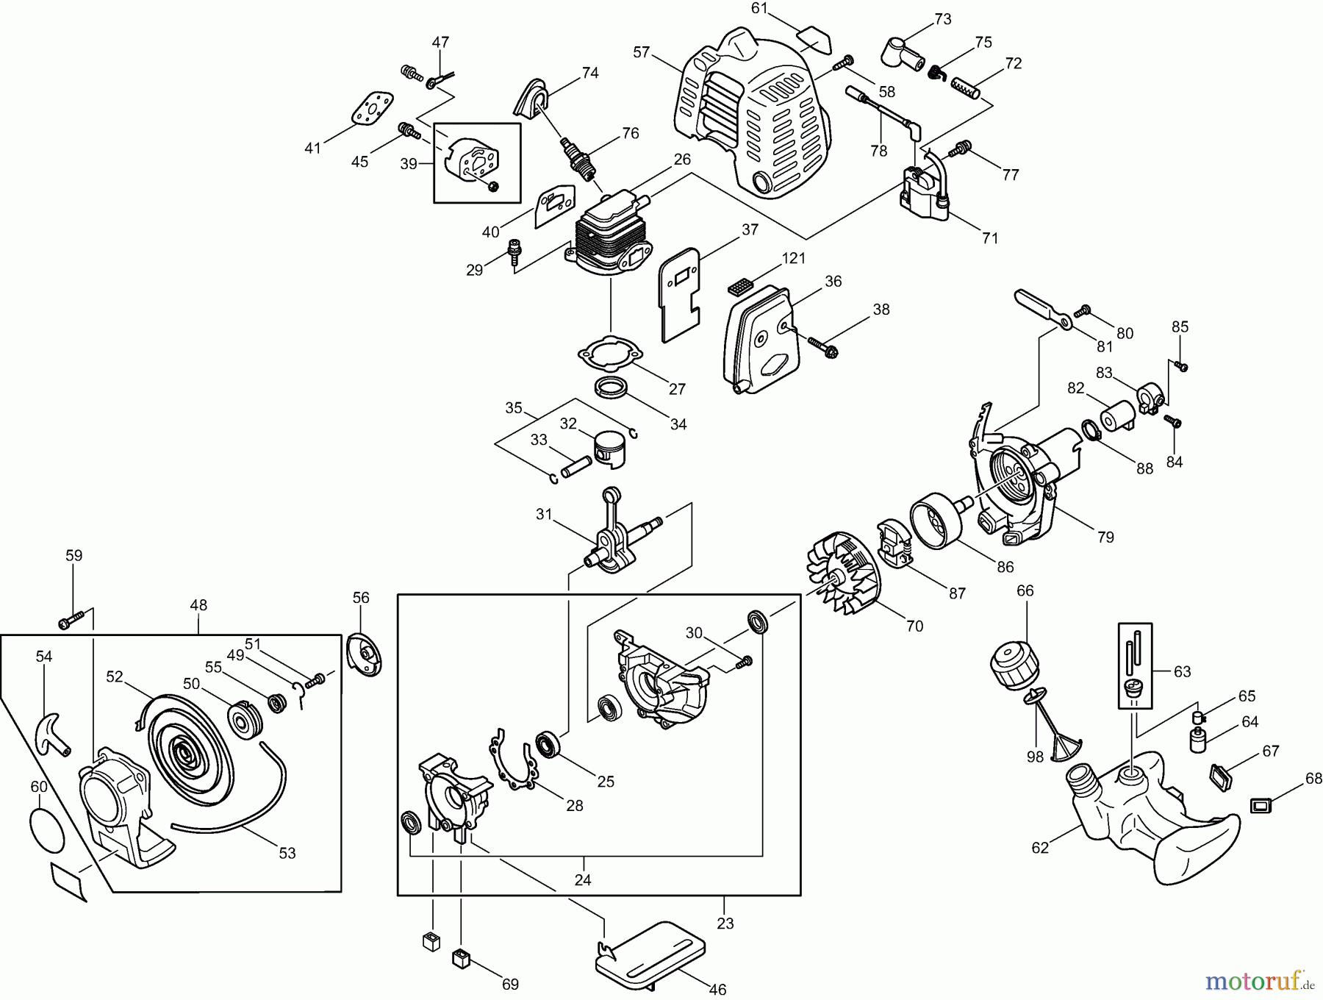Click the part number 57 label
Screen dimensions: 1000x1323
(x=641, y=52)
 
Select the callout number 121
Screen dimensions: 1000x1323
(x=794, y=258)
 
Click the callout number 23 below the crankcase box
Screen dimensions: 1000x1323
(x=725, y=923)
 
